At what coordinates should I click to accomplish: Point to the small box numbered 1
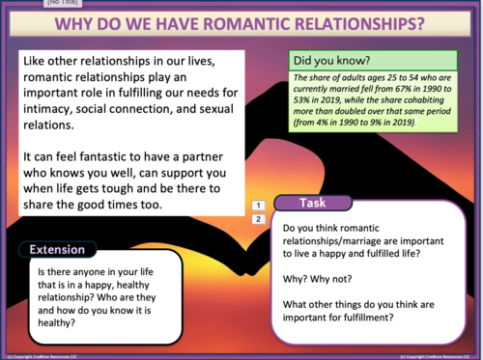[258, 206]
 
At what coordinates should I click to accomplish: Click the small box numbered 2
[258, 219]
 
